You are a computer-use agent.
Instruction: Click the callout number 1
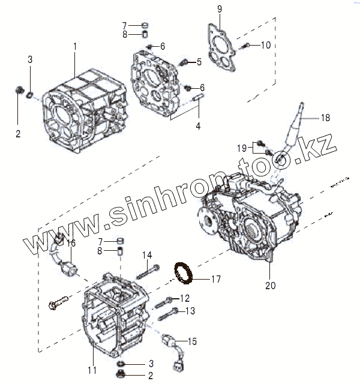[75, 46]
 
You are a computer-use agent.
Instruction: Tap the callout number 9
[219, 8]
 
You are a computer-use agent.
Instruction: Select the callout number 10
[266, 45]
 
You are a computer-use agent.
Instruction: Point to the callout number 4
[198, 127]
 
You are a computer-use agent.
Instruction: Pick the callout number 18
[325, 118]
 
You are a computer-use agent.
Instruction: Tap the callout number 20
[271, 286]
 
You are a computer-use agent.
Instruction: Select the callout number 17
[216, 279]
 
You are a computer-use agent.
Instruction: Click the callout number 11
[92, 370]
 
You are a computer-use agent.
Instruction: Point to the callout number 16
[71, 243]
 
